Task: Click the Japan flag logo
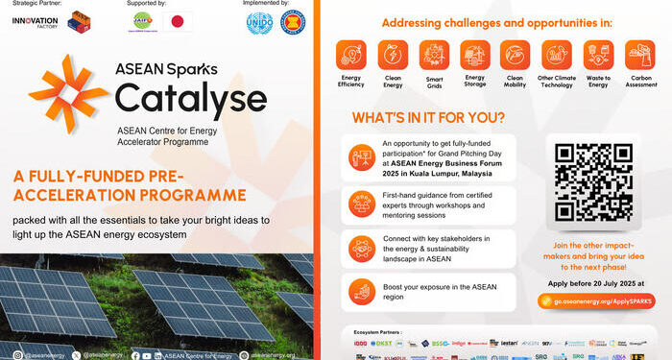pos(178,22)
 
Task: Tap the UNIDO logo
pos(259,22)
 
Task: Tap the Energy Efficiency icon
pos(351,54)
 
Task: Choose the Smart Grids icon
pos(434,54)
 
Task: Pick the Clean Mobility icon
pos(516,54)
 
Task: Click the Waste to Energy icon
pos(598,54)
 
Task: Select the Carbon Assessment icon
pos(639,54)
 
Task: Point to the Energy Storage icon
pos(475,54)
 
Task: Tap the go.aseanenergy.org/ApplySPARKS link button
pos(595,300)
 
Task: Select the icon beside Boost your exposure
pos(362,290)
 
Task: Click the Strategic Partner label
pos(36,4)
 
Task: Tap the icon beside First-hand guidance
pos(362,203)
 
